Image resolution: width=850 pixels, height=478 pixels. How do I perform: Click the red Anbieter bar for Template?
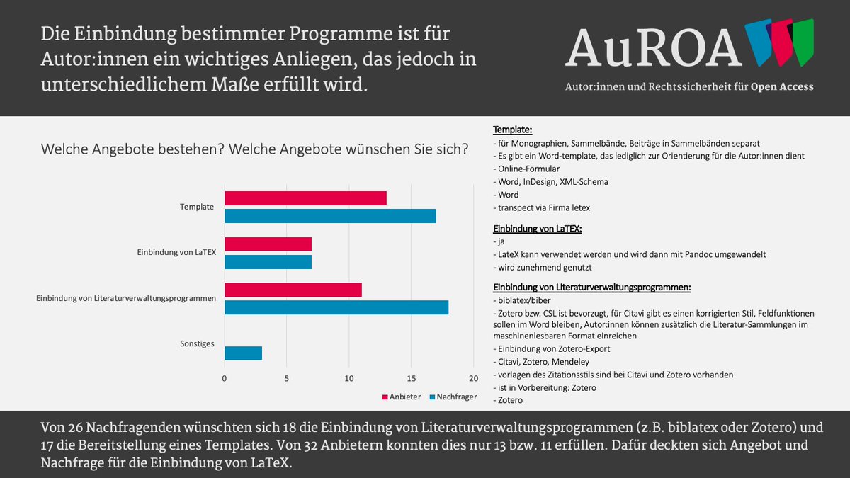[x=305, y=198]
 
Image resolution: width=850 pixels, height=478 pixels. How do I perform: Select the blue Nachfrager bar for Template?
[x=330, y=216]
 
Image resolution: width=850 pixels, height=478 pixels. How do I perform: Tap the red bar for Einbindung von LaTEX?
[x=268, y=244]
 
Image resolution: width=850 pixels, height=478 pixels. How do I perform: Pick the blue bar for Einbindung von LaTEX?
[x=268, y=261]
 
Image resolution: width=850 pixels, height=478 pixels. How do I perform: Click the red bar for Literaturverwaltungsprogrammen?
[x=293, y=290]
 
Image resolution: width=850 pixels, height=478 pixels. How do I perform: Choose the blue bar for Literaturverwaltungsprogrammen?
[x=336, y=307]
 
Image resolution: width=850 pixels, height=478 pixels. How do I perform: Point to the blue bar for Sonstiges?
[x=243, y=353]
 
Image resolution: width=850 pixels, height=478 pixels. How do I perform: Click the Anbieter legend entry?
[x=402, y=397]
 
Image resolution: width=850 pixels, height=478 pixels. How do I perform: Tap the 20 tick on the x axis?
[x=473, y=378]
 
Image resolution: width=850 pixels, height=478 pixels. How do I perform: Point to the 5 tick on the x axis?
[x=287, y=378]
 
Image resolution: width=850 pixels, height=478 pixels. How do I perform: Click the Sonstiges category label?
[x=198, y=344]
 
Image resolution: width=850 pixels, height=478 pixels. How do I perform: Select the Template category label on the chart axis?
[x=198, y=207]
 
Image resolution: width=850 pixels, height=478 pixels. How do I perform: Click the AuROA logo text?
[x=653, y=47]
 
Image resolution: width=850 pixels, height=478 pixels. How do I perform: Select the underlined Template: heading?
[x=513, y=130]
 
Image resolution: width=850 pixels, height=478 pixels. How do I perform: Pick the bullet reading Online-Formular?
[x=526, y=169]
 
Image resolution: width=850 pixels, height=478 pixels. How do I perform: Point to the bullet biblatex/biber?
[x=525, y=300]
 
